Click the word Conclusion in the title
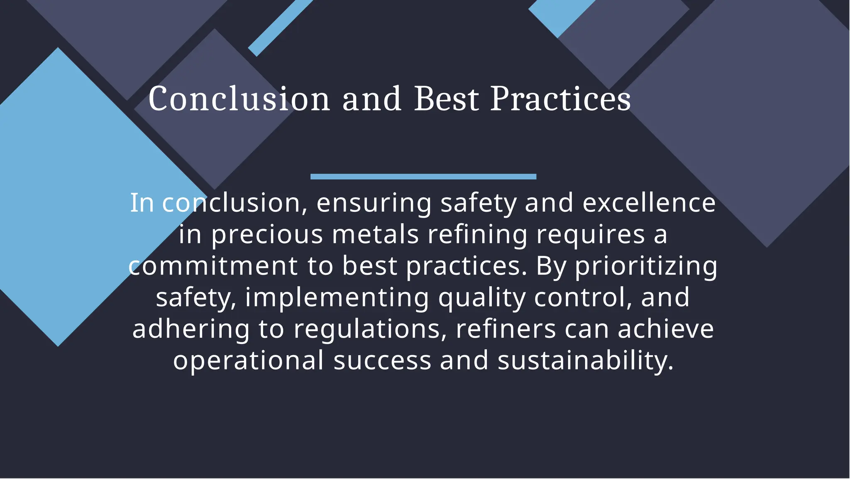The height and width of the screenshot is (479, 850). pos(239,99)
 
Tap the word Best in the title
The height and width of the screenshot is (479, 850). pos(447,99)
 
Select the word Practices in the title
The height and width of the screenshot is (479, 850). pos(560,99)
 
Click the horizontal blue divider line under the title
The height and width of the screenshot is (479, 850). pos(423,177)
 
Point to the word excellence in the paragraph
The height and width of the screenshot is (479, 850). pos(649,203)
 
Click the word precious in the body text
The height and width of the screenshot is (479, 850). pos(267,234)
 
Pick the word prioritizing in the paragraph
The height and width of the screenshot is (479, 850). pos(646,266)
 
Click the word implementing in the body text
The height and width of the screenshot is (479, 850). pos(337,297)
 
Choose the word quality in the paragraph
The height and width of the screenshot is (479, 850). pos(482,297)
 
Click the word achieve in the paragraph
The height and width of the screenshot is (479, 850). pos(666,329)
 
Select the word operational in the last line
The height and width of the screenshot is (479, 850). pos(248,360)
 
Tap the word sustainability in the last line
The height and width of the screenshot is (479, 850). pos(585,360)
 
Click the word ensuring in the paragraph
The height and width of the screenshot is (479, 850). pos(374,203)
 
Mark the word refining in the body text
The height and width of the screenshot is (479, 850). pos(477,234)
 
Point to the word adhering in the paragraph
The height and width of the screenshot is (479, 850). pos(191,329)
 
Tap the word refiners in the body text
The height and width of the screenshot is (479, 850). pos(506,329)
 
